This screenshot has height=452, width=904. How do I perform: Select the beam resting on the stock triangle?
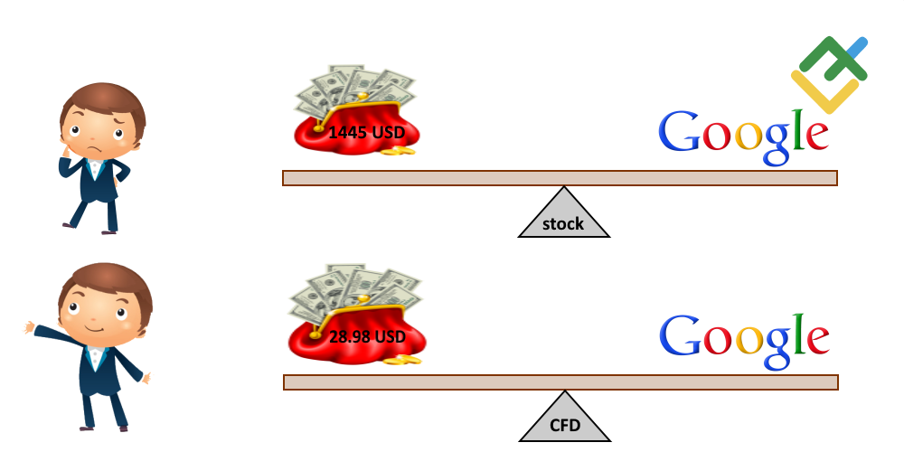pyautogui.click(x=560, y=178)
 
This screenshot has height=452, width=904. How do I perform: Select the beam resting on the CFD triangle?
pyautogui.click(x=560, y=382)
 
